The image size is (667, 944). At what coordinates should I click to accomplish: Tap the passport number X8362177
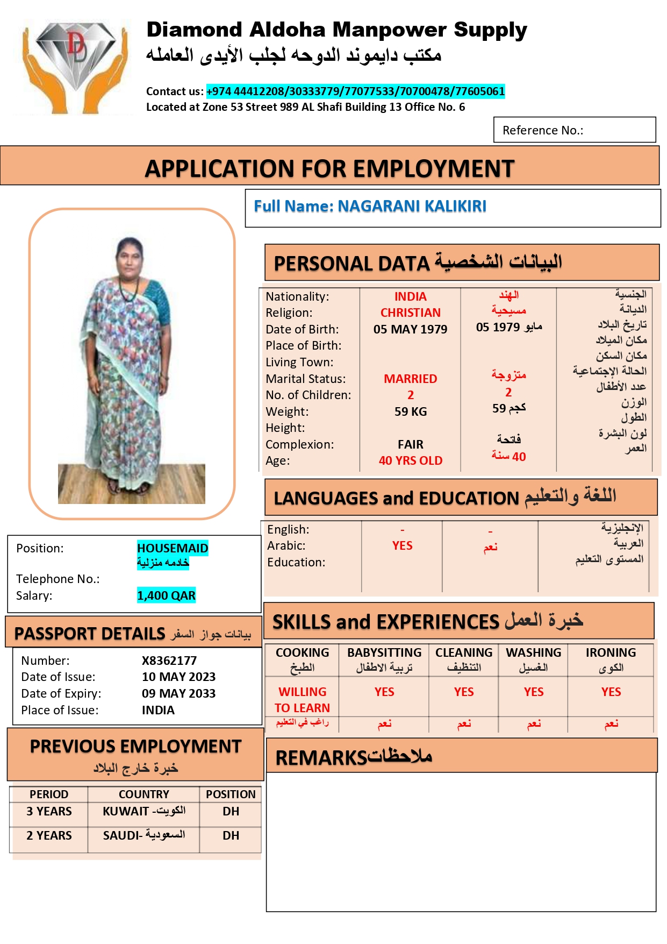[169, 661]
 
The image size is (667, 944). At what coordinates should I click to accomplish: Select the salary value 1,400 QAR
[166, 595]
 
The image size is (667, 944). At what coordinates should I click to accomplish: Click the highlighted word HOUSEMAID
[173, 548]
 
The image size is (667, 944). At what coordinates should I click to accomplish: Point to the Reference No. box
[574, 130]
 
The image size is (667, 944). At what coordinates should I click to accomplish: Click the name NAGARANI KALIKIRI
[412, 206]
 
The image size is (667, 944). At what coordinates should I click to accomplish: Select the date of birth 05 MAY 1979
[410, 329]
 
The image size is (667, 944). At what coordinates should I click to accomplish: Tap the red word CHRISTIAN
[410, 313]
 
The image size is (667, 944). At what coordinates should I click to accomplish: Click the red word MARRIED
[410, 379]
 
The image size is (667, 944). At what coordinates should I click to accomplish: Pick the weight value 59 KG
[410, 411]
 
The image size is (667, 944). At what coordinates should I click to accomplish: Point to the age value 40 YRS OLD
[410, 460]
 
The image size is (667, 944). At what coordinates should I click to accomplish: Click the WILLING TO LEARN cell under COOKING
[302, 700]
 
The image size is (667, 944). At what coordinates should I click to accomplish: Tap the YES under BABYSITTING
[384, 692]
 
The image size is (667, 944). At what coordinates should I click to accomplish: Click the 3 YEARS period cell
[49, 811]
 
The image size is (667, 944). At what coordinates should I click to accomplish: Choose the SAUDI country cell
[144, 835]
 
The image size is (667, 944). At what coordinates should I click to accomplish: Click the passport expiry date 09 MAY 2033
[178, 693]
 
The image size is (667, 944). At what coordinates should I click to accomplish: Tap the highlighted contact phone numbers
[355, 91]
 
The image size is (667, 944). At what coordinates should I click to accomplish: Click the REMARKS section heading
[354, 757]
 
